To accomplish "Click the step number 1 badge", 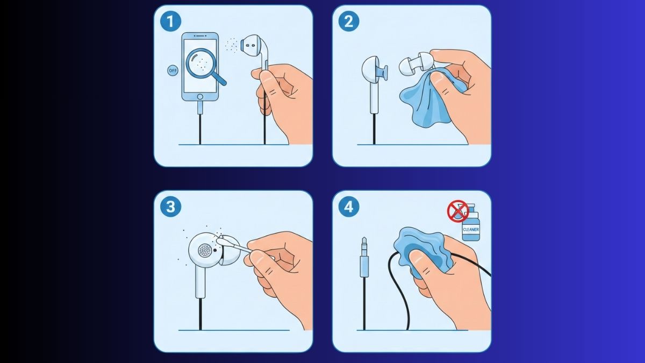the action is pos(171,21).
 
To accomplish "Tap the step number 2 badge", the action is pos(349,21).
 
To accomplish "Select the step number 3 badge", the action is pos(171,207).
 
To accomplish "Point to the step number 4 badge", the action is pos(349,207).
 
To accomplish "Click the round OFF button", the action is pos(173,70).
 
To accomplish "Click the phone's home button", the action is pos(200,97).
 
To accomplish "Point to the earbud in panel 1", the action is pos(255,52).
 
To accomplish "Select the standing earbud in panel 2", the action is pos(373,83).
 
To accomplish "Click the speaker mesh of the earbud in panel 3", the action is pos(205,251).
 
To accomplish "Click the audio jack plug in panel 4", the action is pos(364,257).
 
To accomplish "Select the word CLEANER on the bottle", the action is pos(471,230).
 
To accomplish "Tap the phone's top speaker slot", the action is pos(200,35).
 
